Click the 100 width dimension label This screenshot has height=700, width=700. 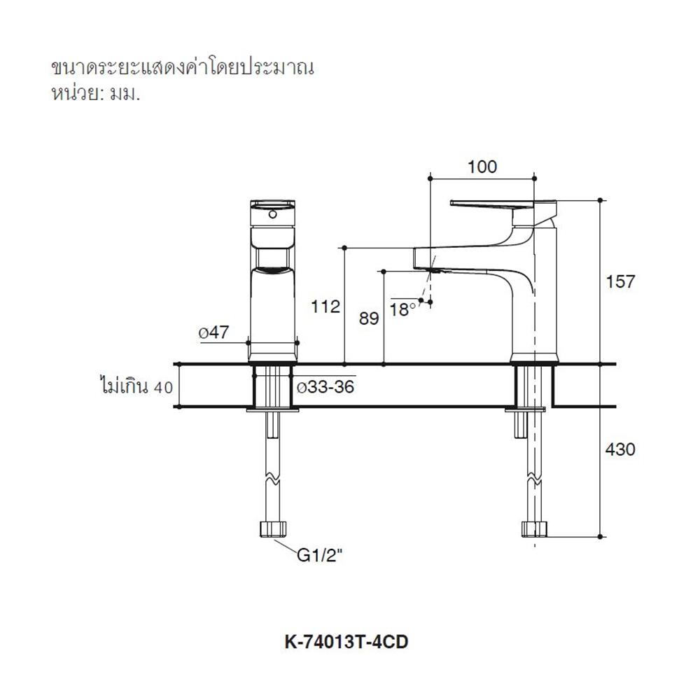[x=482, y=167]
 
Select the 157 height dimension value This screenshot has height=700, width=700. [x=620, y=281]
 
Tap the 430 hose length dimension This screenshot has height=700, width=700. [x=620, y=449]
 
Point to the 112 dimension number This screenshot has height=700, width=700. [x=325, y=306]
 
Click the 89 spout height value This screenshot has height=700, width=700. [x=368, y=318]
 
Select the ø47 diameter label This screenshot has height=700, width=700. [x=213, y=333]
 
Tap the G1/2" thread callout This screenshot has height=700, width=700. [x=319, y=556]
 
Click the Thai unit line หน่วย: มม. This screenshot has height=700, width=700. [x=95, y=94]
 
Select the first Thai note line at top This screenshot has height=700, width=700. [x=181, y=68]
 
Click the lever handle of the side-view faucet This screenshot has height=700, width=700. [x=497, y=204]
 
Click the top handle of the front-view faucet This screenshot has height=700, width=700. [x=272, y=210]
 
